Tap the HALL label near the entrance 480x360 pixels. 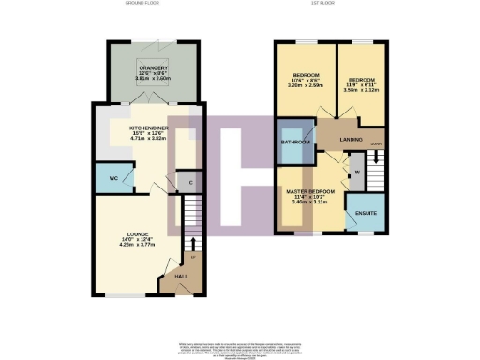pos(181,277)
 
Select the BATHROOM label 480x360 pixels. pos(296,142)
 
